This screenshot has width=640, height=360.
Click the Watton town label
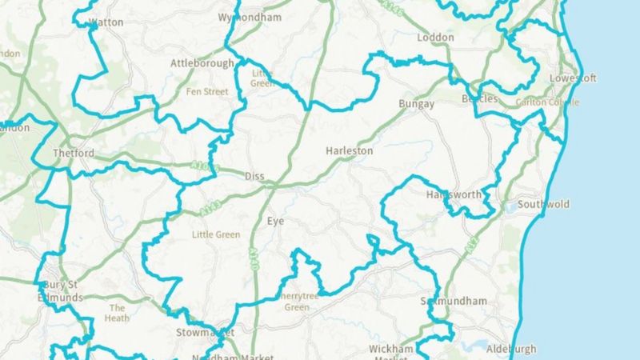[x=107, y=22]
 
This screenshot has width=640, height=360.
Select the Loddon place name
[x=435, y=38]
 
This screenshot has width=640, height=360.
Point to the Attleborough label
[x=202, y=63]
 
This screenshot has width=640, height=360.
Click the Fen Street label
[x=206, y=92]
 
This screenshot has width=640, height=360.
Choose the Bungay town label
[x=416, y=105]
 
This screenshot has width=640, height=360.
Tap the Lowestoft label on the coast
[x=573, y=78]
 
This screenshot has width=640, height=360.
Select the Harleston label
[x=350, y=150]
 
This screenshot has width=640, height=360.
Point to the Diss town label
[x=254, y=176]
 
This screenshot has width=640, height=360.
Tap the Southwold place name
[x=543, y=205]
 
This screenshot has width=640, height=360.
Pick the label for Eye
[x=276, y=221]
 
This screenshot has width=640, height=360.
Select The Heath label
[x=118, y=313]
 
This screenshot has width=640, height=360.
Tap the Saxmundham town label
[x=454, y=302]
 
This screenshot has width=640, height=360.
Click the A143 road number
[x=210, y=208]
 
